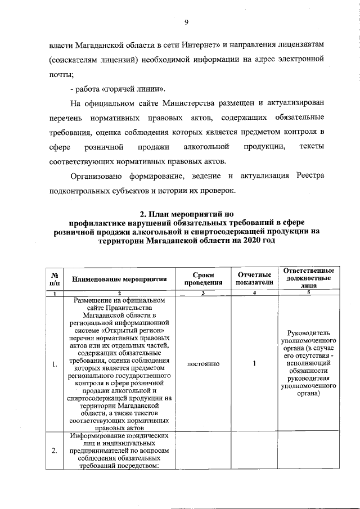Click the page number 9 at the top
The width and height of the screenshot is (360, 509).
point(186,22)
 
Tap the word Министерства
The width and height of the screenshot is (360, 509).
point(187,103)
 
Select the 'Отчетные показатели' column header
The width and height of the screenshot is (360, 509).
point(255,278)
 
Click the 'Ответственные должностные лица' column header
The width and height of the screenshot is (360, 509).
point(308,278)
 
